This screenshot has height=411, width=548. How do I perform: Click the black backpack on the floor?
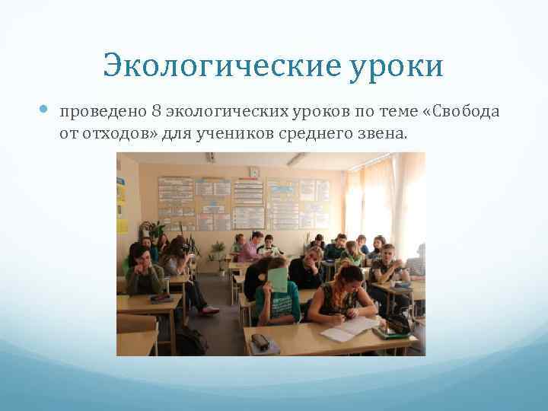[x=190, y=341]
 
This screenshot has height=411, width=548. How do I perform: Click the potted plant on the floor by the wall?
[x=218, y=255]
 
